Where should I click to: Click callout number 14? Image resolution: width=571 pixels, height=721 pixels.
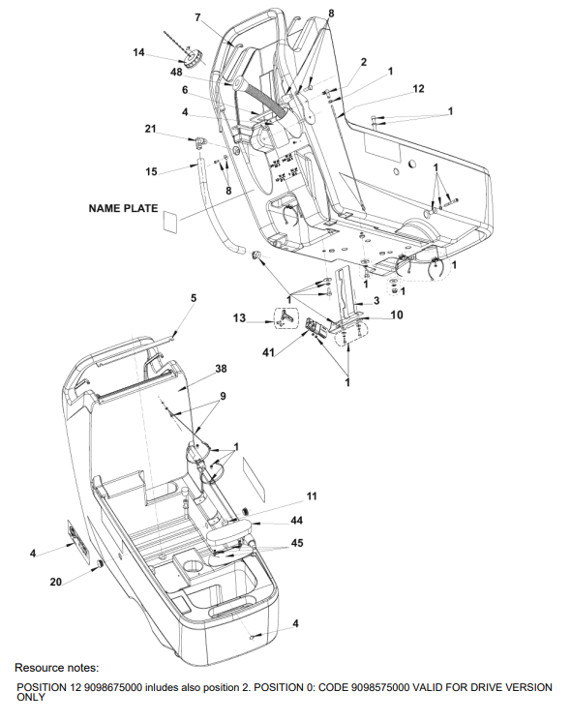click(x=138, y=52)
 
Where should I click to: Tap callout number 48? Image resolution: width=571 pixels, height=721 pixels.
click(x=176, y=72)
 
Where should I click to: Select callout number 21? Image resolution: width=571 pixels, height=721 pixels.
click(x=151, y=129)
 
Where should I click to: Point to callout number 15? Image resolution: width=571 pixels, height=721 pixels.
click(x=151, y=171)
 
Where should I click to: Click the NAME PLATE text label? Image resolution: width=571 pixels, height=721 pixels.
click(x=123, y=208)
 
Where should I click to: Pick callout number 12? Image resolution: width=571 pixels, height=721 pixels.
click(x=418, y=88)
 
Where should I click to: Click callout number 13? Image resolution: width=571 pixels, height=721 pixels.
click(x=239, y=317)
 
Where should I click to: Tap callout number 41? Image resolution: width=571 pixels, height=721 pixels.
click(x=268, y=352)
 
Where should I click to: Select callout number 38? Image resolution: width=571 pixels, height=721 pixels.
click(x=221, y=369)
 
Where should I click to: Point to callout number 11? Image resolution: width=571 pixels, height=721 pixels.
click(x=312, y=496)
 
